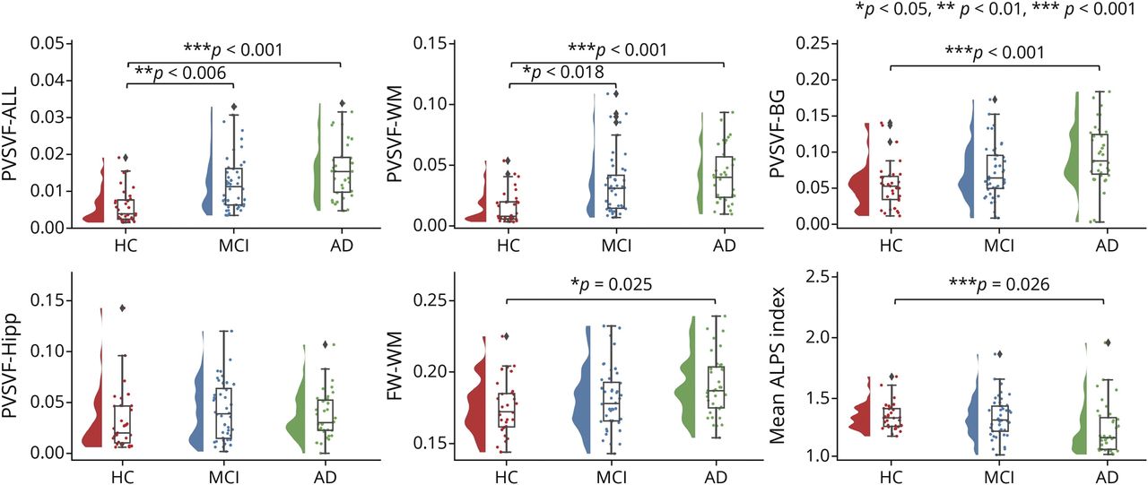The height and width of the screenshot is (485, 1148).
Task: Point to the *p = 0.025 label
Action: tap(612, 285)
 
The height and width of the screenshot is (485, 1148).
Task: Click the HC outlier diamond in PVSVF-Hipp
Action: tap(123, 308)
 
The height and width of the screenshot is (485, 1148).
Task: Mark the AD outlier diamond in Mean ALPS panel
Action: tap(1108, 342)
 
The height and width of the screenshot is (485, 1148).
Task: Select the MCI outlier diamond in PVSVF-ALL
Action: tap(234, 108)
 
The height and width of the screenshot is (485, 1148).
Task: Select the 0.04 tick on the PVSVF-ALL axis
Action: tap(51, 80)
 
